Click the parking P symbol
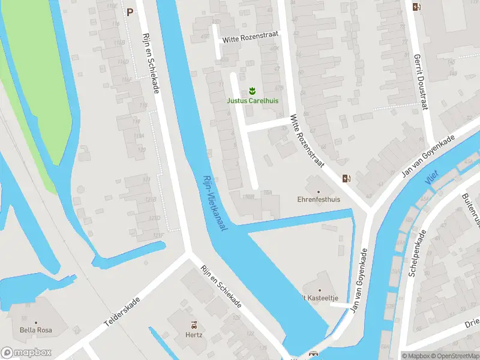(x=130, y=11)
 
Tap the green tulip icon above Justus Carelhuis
(x=252, y=91)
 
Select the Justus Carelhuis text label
(x=252, y=101)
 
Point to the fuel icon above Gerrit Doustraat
(x=416, y=7)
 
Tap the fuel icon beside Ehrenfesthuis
(x=346, y=178)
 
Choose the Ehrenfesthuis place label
(x=319, y=199)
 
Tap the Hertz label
(x=194, y=335)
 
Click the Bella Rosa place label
(x=36, y=330)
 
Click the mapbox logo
(x=26, y=352)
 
